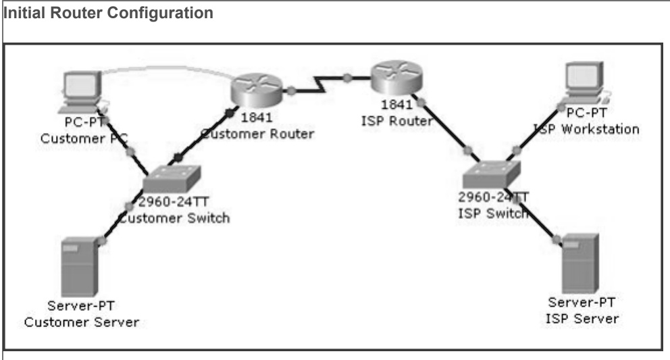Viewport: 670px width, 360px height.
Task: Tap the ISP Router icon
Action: click(394, 80)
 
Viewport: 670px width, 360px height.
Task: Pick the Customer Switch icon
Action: click(174, 178)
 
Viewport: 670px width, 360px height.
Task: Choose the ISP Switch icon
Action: click(491, 173)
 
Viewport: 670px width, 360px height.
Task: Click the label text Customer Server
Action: click(82, 322)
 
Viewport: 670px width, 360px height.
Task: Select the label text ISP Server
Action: click(582, 317)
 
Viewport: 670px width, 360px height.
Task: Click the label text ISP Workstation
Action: click(586, 129)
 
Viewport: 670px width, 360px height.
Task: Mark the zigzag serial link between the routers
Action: click(317, 84)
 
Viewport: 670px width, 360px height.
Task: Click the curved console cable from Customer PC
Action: click(162, 68)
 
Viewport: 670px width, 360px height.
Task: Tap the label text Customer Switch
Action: click(174, 217)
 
